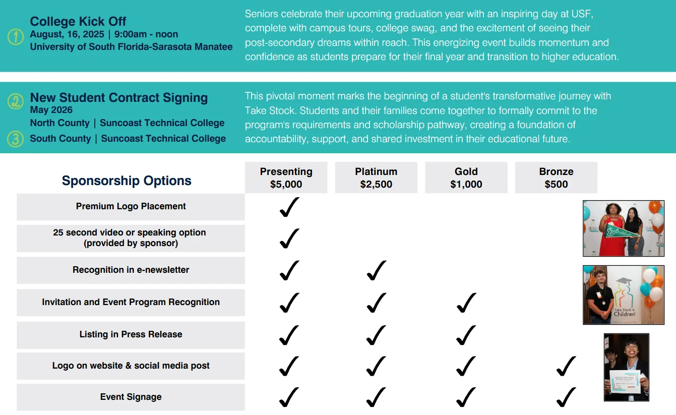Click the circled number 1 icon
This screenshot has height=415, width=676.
[16, 37]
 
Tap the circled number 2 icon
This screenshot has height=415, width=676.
[16, 101]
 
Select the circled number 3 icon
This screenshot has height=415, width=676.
[16, 139]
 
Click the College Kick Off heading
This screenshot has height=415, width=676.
[78, 22]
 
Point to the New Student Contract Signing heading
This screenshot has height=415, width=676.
[119, 98]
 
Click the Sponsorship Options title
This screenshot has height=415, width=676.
[127, 181]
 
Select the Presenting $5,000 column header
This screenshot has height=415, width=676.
[286, 177]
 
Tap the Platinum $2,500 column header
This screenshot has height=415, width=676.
[376, 177]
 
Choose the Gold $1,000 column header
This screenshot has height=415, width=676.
[466, 177]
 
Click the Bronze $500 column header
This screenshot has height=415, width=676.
[556, 177]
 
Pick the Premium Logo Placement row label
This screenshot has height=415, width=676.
[131, 206]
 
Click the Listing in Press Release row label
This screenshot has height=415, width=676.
[131, 334]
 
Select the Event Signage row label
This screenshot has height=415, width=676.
[131, 397]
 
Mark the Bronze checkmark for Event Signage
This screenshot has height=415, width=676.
[566, 397]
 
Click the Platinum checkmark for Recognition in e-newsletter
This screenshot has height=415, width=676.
[377, 270]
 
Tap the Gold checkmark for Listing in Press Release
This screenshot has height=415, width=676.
[466, 335]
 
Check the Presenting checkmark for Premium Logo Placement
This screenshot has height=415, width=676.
[289, 207]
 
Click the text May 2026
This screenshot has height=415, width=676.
[51, 110]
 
